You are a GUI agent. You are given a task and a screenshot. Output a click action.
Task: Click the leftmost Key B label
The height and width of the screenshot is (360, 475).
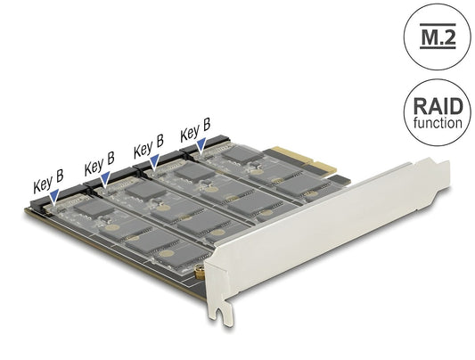click(x=48, y=187)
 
